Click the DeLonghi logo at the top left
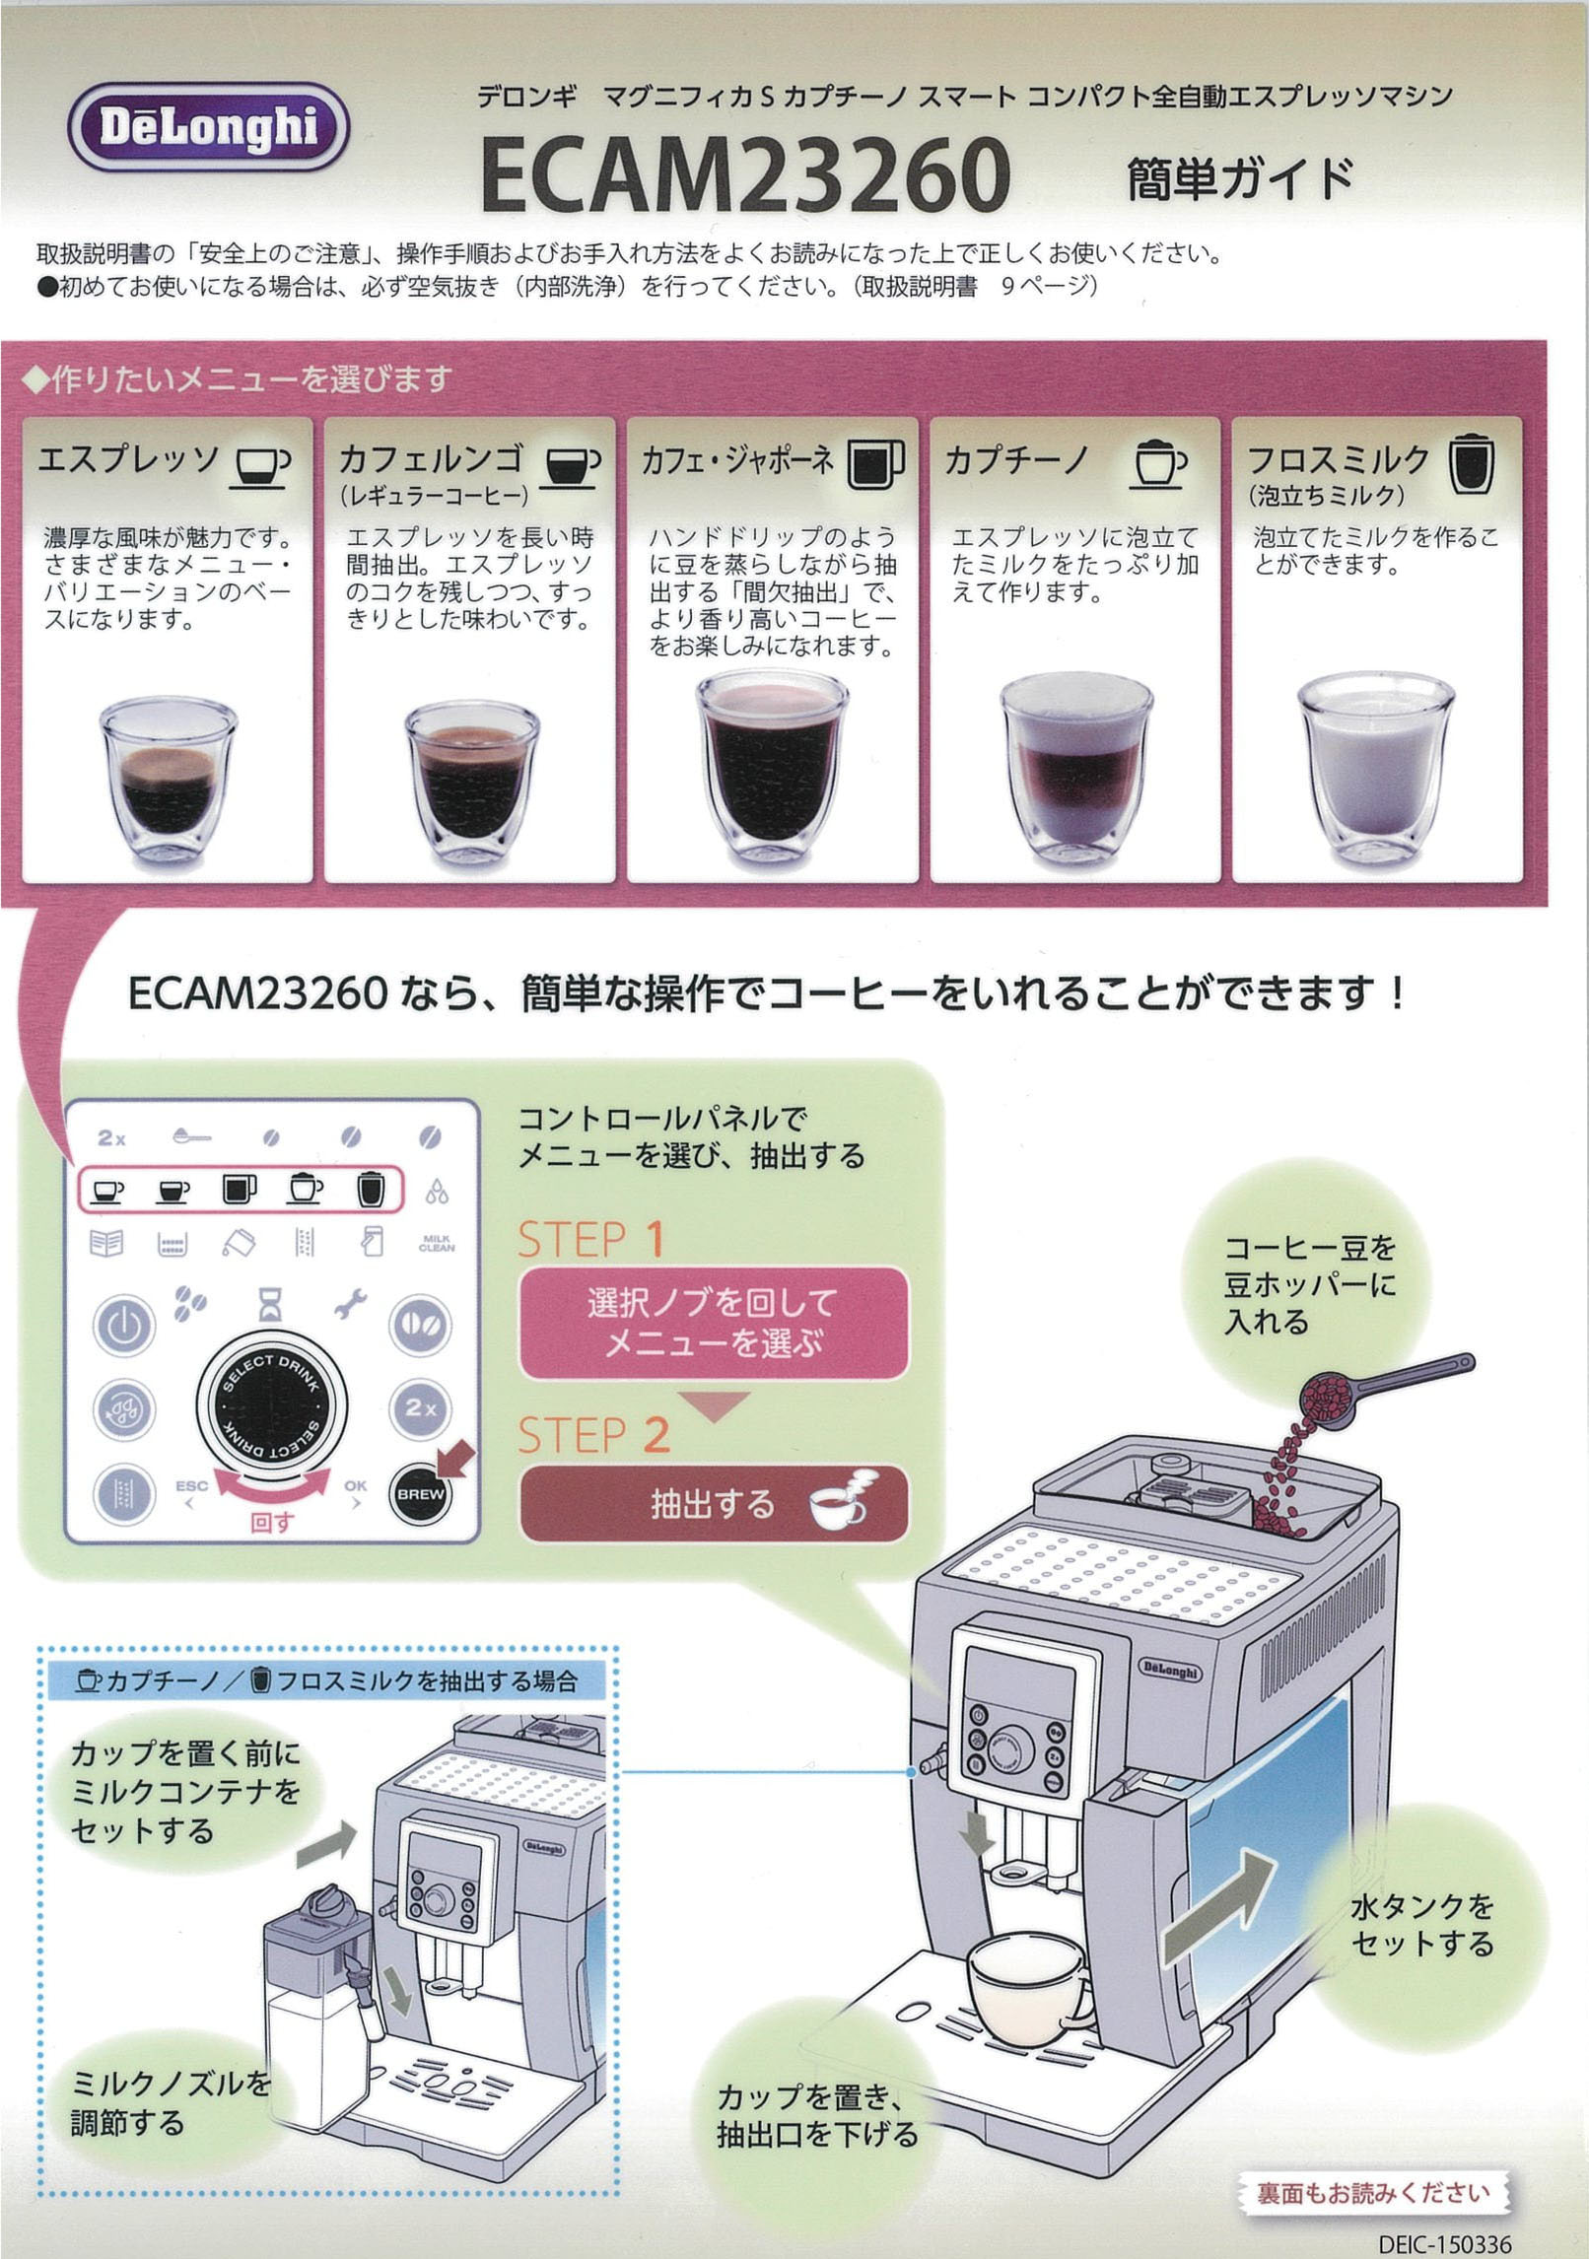point(208,128)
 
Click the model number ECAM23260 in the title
point(745,176)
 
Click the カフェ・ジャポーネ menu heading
point(737,460)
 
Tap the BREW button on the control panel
point(421,1493)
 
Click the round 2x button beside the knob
point(421,1407)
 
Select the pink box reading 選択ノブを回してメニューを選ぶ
point(712,1323)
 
